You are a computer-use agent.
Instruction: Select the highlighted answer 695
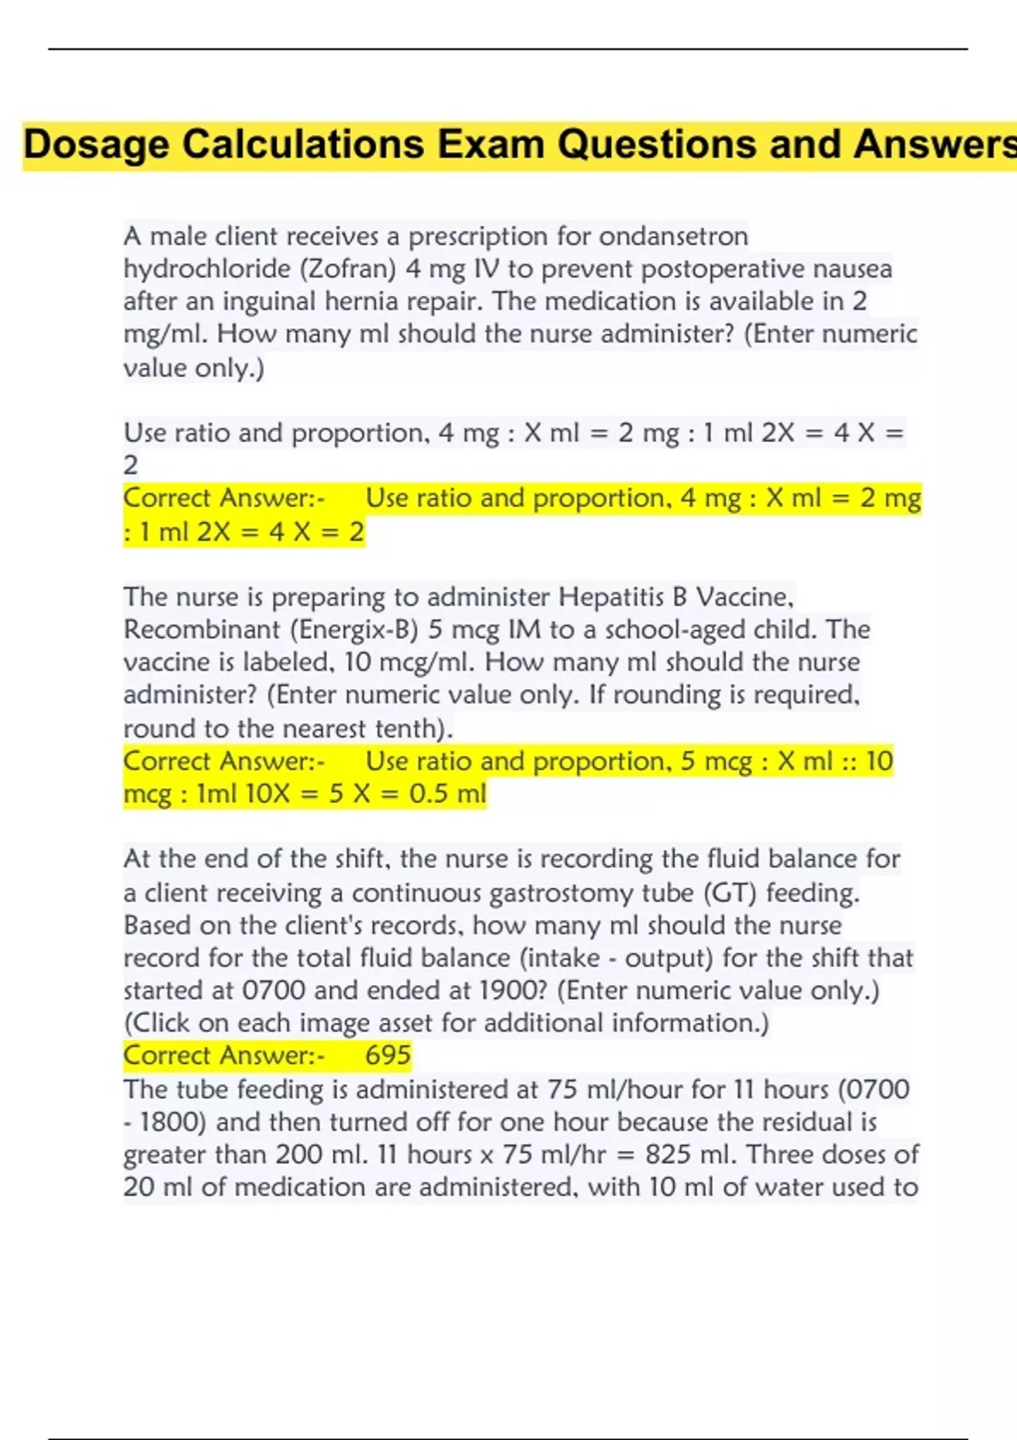(x=388, y=1055)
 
